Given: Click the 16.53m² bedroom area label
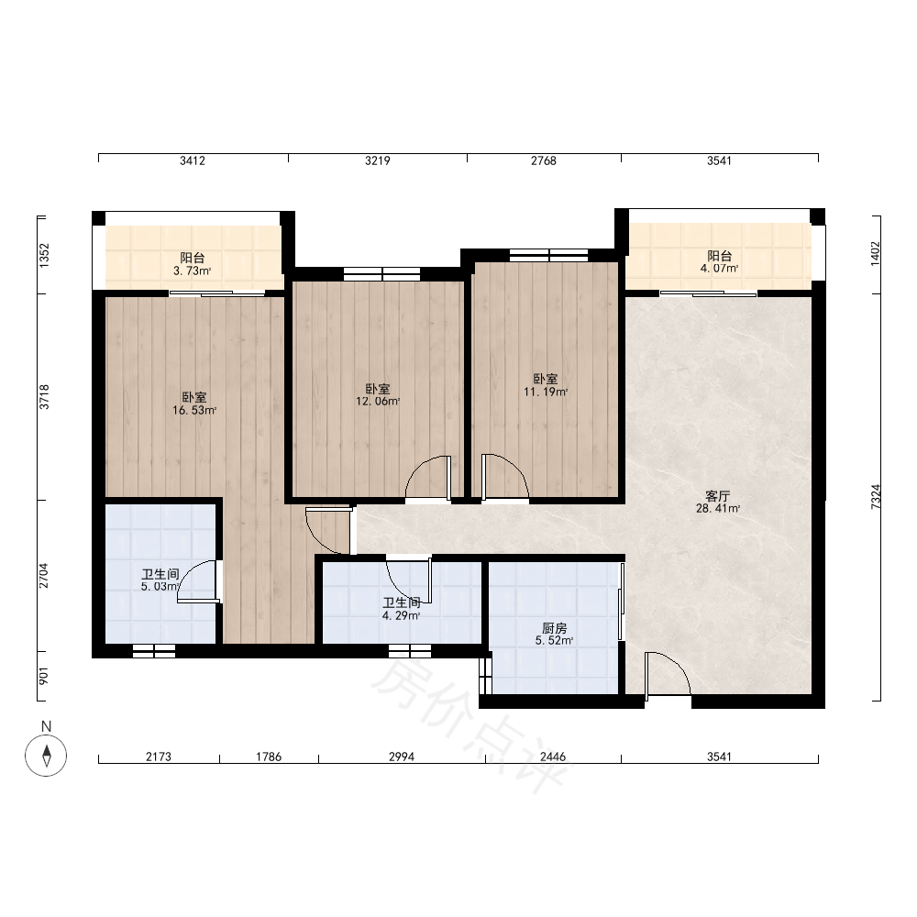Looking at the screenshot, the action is point(194,404).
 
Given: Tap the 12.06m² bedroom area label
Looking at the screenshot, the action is point(378,395).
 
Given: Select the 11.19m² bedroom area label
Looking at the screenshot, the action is point(545,385).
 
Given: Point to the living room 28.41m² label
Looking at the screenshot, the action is point(718,503).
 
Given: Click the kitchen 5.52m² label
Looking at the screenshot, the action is point(554,635).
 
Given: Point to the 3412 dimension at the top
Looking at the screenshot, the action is point(193,160).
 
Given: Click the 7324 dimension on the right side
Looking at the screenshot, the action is point(876,497).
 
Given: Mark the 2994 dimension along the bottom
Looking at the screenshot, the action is point(402,757).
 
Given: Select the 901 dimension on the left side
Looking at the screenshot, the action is point(44,676).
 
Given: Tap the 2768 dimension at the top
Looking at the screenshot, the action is point(544,160).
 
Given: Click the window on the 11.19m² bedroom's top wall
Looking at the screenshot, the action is point(548,255).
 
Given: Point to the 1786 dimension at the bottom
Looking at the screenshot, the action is point(269,757).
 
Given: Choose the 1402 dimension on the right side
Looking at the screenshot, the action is point(876,254).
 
